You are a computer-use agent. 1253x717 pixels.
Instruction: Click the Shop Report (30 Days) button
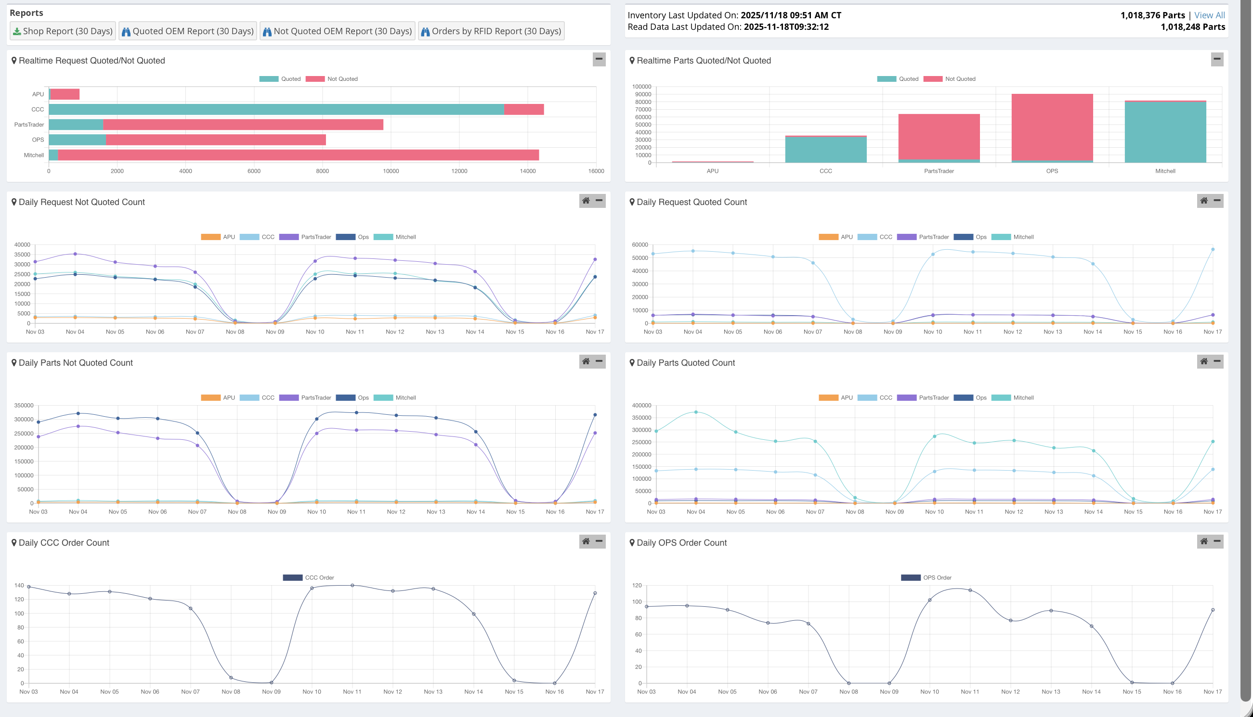63,31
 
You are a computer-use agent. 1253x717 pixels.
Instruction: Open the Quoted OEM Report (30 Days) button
188,31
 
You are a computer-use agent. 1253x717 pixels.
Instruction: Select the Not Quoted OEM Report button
338,31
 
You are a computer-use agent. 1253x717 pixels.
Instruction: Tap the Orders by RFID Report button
491,31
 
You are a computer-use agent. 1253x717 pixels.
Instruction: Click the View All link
1209,15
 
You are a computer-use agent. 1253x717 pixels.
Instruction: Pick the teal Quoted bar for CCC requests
276,109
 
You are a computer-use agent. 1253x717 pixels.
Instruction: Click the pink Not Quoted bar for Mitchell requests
298,155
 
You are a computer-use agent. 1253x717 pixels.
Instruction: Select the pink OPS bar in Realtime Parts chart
1052,127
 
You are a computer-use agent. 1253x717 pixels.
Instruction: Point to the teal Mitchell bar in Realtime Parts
1165,132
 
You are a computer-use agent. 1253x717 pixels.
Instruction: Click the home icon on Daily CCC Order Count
586,541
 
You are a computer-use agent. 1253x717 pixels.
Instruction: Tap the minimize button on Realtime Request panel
599,59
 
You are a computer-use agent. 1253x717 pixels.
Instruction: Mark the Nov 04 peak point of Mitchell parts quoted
696,412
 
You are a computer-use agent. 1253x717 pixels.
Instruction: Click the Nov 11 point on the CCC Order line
352,585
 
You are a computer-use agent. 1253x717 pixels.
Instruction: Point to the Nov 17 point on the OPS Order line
1213,610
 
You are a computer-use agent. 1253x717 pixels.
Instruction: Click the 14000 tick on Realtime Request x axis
528,171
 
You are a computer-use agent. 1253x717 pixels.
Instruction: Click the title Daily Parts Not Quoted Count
76,363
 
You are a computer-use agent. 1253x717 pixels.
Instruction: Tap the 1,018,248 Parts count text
1192,27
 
